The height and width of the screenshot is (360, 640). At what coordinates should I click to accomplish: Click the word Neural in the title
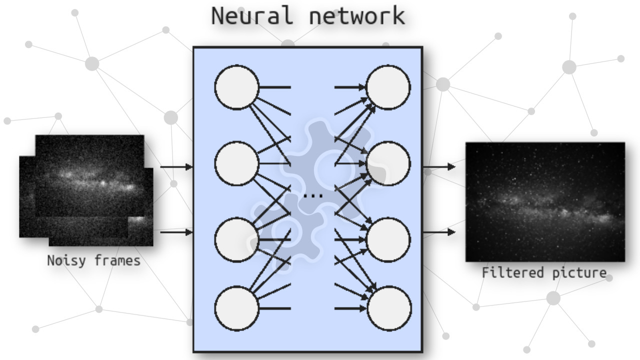coord(251,16)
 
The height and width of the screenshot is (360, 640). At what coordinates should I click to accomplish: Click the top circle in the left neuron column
coord(237,87)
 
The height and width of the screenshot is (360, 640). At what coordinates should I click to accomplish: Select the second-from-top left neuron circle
coord(237,163)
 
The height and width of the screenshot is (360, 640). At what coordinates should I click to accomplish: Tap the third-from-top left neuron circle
coord(237,239)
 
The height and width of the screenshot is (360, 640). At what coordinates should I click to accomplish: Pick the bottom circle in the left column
coord(237,308)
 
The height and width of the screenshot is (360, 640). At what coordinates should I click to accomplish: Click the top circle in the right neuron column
coord(388,87)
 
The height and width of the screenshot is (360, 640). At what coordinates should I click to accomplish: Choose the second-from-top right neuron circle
coord(388,163)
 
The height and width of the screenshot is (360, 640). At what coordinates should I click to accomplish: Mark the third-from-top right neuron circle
coord(388,239)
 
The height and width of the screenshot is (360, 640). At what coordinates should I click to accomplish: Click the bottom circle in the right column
coord(389,308)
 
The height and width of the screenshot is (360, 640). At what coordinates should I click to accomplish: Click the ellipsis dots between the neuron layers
coord(313,196)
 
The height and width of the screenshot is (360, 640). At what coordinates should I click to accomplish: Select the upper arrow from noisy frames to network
coord(176,167)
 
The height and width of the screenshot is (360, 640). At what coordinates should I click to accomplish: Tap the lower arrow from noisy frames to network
coord(176,232)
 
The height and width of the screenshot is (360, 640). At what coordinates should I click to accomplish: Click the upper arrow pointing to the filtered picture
coord(439,167)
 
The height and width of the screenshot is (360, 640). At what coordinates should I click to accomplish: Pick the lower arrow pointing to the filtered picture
coord(439,232)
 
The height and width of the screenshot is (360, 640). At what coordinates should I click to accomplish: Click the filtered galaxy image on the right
coord(545,201)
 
